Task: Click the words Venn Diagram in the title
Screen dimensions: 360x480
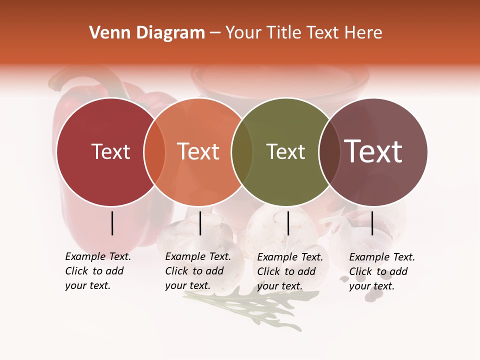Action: click(x=147, y=33)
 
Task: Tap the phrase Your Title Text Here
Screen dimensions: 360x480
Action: click(x=303, y=33)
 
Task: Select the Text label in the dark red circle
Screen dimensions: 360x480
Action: click(x=110, y=152)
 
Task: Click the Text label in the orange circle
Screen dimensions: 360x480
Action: click(x=198, y=152)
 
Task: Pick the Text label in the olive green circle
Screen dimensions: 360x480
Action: click(x=285, y=152)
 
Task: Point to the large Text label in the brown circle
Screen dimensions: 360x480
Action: click(x=373, y=151)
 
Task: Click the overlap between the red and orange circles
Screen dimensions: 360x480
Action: click(x=154, y=152)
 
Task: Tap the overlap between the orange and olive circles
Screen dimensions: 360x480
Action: click(x=242, y=152)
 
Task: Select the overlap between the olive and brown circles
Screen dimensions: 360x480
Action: click(x=329, y=152)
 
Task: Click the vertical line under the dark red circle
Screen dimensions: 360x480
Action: click(x=112, y=223)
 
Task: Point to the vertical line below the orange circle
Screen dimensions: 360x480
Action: click(x=200, y=223)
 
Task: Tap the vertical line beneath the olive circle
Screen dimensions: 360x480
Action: click(x=288, y=223)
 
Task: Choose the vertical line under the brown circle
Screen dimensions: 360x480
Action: click(x=372, y=223)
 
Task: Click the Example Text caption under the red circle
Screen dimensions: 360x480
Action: click(x=97, y=271)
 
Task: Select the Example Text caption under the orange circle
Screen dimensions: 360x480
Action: click(x=197, y=271)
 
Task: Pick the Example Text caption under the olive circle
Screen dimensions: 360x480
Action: click(x=289, y=271)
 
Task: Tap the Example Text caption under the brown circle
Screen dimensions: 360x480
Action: click(x=381, y=271)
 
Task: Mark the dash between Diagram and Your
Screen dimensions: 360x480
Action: click(x=215, y=33)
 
